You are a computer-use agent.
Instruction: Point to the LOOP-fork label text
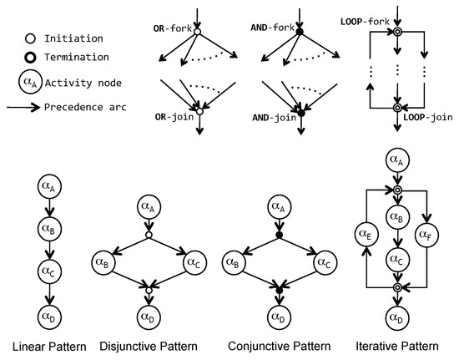point(364,19)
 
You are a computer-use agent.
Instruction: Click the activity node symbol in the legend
point(28,82)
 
